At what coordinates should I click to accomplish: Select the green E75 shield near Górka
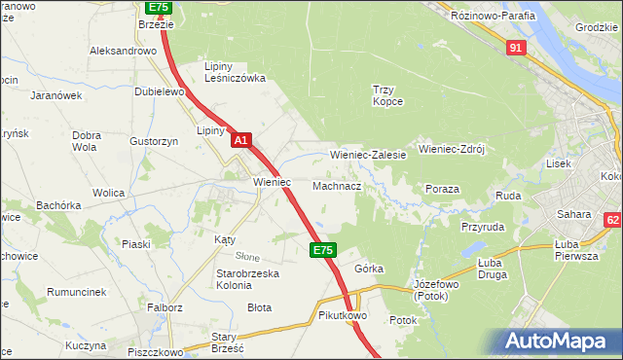(x=324, y=250)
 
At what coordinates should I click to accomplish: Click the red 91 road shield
(x=517, y=47)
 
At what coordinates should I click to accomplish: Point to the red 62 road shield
(x=612, y=222)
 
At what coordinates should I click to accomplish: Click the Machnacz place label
(x=337, y=185)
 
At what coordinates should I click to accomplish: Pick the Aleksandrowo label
(x=123, y=51)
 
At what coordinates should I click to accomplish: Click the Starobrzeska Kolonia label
(x=247, y=280)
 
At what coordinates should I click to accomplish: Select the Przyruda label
(x=482, y=226)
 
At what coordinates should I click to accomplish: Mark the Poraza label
(x=442, y=189)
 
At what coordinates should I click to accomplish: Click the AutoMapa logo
(x=558, y=341)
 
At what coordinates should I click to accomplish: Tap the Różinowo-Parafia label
(x=491, y=16)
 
